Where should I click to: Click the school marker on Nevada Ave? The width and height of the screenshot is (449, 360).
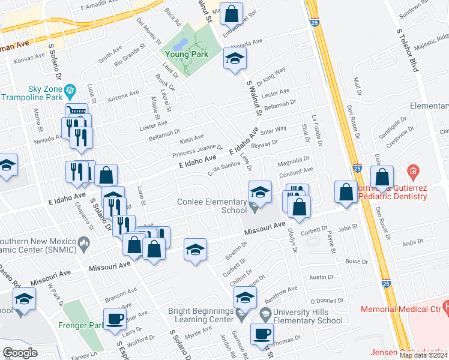pyautogui.click(x=235, y=59)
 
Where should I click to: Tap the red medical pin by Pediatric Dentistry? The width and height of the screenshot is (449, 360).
pyautogui.click(x=412, y=172)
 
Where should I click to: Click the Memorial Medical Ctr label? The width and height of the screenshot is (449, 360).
pyautogui.click(x=399, y=310)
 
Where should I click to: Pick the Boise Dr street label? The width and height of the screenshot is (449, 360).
pyautogui.click(x=357, y=261)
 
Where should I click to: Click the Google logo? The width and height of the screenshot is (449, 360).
pyautogui.click(x=20, y=353)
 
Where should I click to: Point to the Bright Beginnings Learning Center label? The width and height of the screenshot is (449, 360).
pyautogui.click(x=200, y=316)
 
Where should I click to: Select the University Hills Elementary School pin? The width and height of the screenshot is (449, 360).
pyautogui.click(x=265, y=314)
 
